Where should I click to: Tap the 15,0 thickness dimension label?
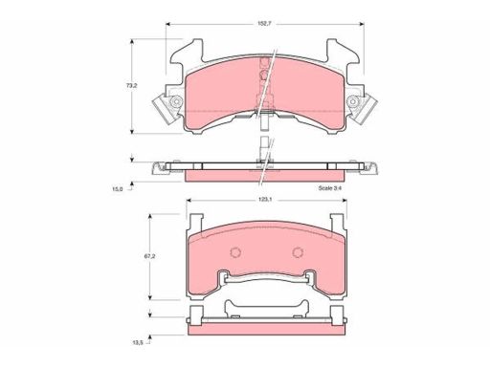click(x=118, y=189)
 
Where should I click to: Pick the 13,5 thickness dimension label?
click(x=137, y=343)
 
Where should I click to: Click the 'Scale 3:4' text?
click(x=330, y=188)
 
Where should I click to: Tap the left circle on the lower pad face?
click(x=235, y=252)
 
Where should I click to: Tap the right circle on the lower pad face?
click(x=298, y=252)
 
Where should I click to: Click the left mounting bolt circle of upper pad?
click(x=175, y=101)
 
